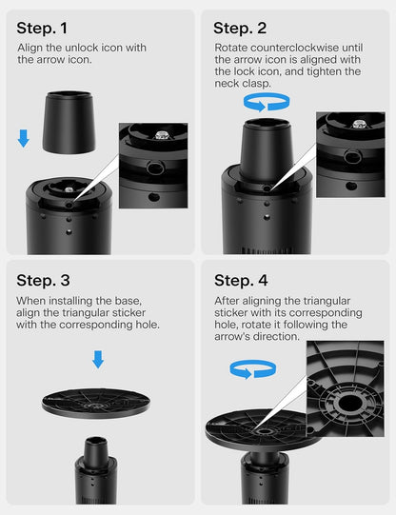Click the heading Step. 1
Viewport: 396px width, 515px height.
point(42,28)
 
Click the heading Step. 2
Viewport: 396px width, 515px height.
point(240,28)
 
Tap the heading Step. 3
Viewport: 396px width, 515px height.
point(43,281)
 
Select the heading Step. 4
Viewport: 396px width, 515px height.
point(241,281)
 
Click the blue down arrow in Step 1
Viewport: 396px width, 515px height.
point(23,138)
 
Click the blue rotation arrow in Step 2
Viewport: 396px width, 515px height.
point(267,102)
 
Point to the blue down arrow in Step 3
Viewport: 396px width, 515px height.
point(98,359)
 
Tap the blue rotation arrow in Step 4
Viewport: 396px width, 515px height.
point(253,369)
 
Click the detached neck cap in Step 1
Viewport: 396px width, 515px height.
point(69,123)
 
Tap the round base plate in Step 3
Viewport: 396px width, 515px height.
point(96,404)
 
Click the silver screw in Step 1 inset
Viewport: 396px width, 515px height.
point(161,134)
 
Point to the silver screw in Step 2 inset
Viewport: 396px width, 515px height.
point(359,124)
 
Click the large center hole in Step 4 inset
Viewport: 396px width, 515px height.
point(348,404)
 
